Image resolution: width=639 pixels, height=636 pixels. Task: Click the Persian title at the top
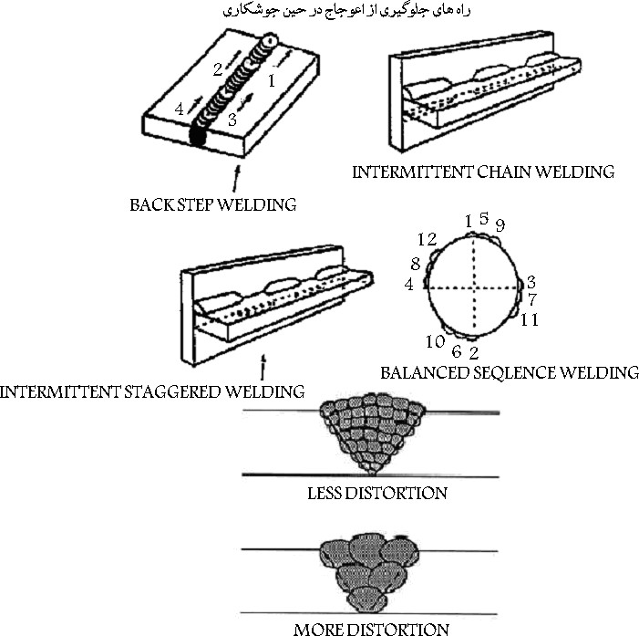point(346,10)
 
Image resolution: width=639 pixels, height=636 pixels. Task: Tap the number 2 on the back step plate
point(218,69)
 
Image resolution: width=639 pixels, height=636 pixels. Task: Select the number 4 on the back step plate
point(180,109)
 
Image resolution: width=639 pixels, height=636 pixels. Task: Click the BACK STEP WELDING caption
point(213,204)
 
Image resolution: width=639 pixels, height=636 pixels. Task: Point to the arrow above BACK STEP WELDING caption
point(236,178)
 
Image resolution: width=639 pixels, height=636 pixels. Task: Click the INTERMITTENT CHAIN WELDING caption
point(483,172)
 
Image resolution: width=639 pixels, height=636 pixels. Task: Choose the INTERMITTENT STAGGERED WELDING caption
point(152,392)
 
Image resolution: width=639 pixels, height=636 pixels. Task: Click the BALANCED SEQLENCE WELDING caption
point(510,372)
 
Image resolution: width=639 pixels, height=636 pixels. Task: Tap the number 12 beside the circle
point(428,239)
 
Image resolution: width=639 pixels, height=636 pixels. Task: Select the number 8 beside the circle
point(416,264)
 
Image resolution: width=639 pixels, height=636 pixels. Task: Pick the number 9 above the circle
point(500,224)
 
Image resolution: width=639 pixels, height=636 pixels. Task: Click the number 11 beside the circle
point(530,319)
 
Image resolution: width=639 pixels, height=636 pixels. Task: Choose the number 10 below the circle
point(435,341)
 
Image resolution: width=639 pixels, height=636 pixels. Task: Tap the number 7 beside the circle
point(532,300)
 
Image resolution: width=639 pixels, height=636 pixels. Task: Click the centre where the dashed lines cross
point(473,287)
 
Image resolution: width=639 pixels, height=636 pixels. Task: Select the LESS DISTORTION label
point(377,494)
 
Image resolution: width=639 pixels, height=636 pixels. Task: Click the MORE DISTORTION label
point(371,629)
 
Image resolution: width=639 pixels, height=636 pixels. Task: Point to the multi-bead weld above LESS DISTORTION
point(372,433)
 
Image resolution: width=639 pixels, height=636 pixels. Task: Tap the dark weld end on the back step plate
point(198,135)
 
